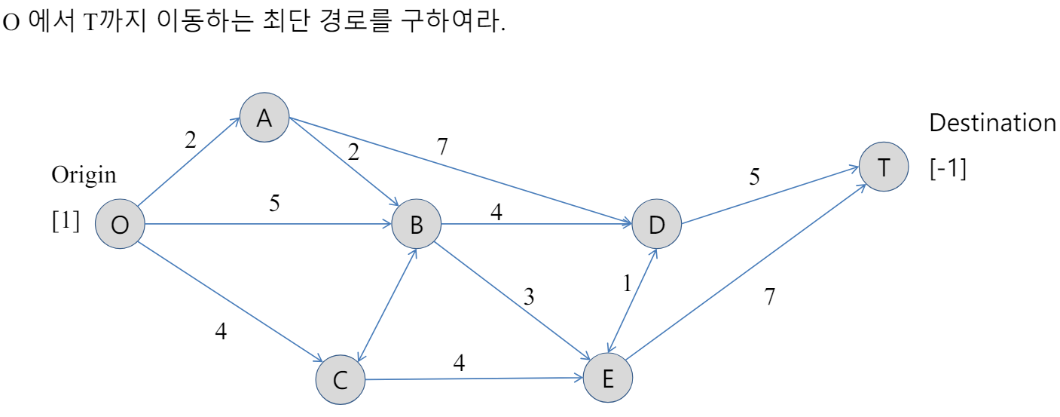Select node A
coord(264,117)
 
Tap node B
coord(416,225)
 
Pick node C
coord(340,379)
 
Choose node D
coord(656,225)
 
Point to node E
coord(607,378)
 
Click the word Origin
coord(84,175)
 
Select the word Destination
coord(992,123)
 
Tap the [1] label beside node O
coord(65,224)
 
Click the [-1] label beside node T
coord(948,169)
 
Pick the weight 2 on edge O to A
coord(190,140)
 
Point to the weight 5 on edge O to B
coord(275,204)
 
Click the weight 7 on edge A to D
coord(442,146)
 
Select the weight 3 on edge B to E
coord(529,297)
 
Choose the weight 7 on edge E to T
coord(769,297)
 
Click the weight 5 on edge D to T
coord(754,177)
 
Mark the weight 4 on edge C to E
coord(459,363)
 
